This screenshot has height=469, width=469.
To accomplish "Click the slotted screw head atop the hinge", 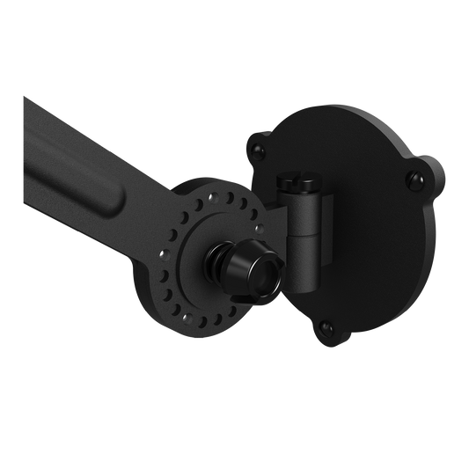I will coord(291,182).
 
